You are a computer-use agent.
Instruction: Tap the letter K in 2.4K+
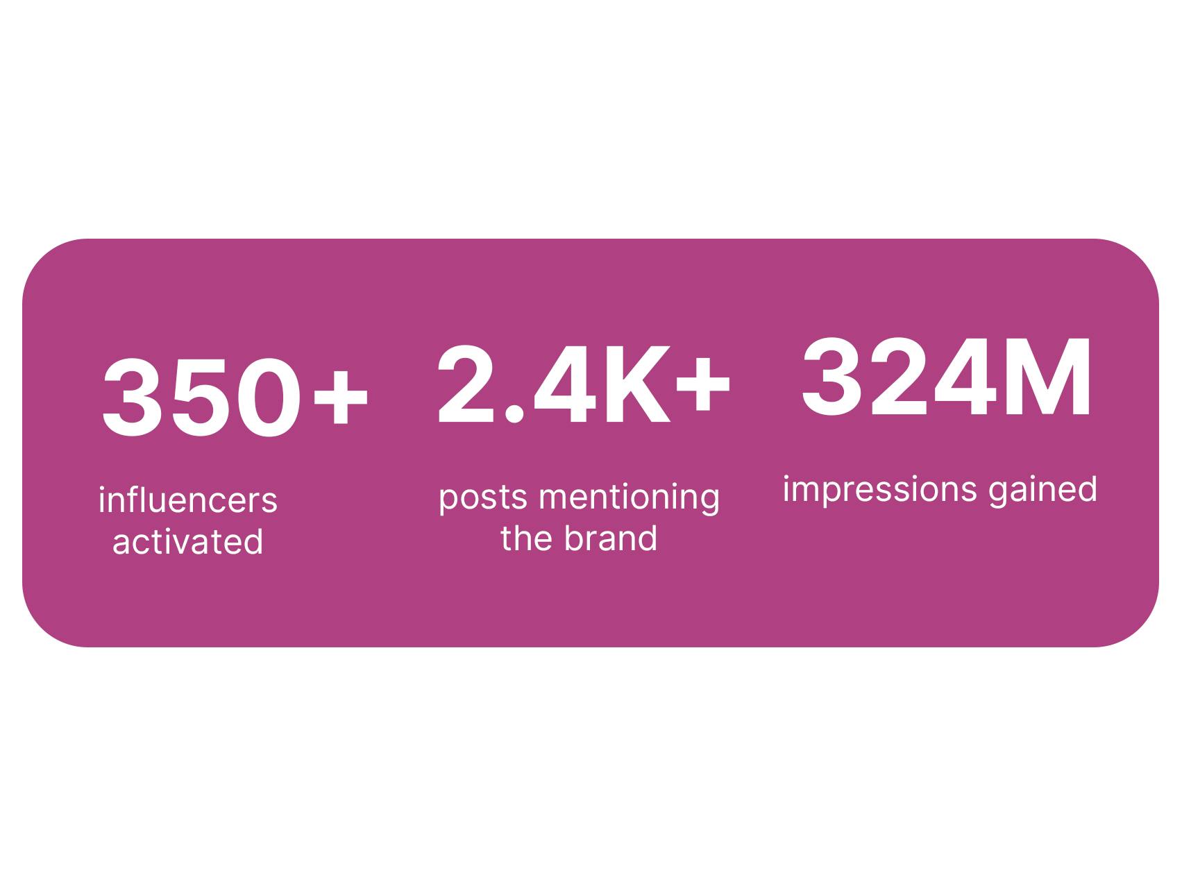click(x=636, y=384)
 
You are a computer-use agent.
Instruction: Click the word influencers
click(x=188, y=500)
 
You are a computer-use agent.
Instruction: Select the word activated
click(x=188, y=541)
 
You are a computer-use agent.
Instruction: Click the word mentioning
click(x=630, y=497)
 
